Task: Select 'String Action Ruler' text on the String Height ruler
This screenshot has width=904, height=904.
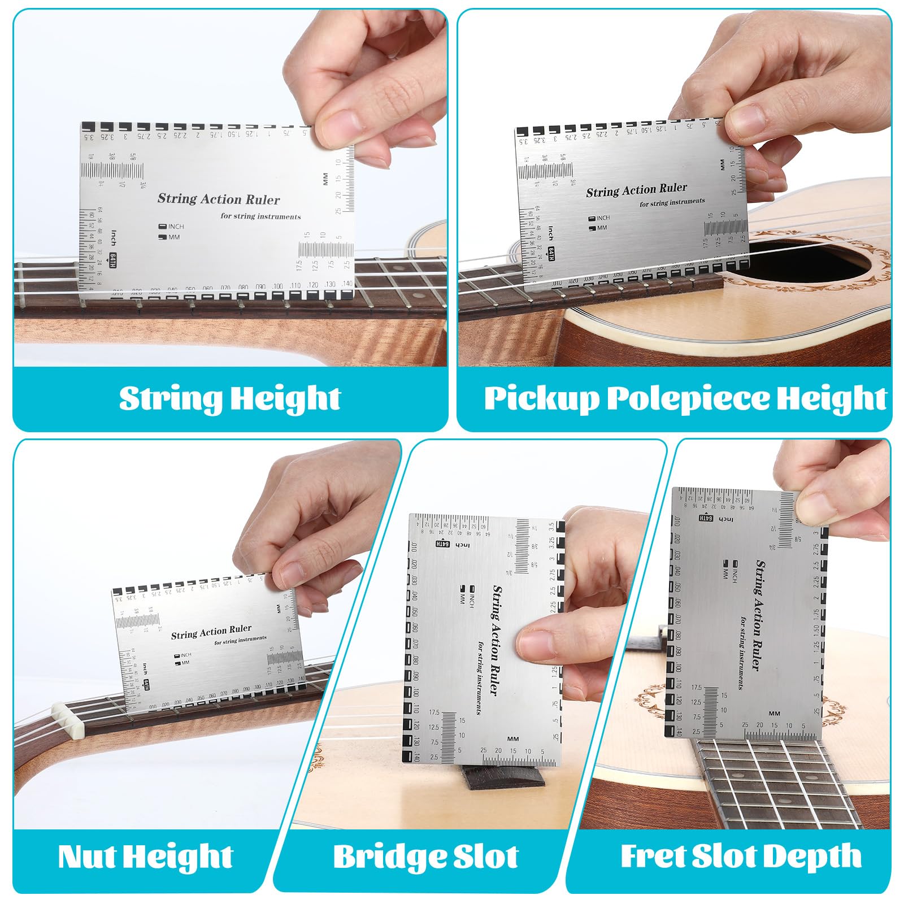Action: [218, 199]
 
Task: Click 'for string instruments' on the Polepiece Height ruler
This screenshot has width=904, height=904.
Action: [672, 202]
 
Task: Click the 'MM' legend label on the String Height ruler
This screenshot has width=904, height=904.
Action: [173, 237]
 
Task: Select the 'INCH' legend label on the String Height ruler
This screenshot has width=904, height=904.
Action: [176, 227]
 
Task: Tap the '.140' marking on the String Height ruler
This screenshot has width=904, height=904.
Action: [346, 284]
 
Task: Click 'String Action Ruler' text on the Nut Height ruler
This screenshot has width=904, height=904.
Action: [211, 632]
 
